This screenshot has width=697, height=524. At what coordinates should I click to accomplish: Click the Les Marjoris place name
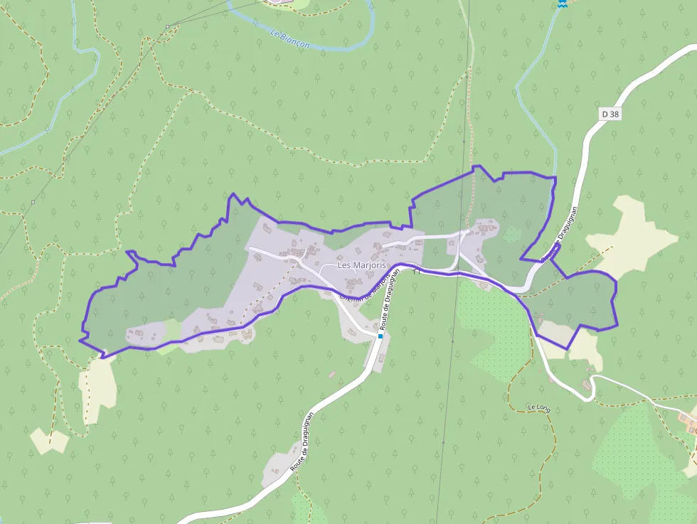pyautogui.click(x=361, y=265)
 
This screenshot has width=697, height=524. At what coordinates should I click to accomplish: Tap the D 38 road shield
pyautogui.click(x=610, y=114)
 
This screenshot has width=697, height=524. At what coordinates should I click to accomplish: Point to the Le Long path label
pyautogui.click(x=539, y=408)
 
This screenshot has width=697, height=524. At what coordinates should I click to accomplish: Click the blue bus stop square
pyautogui.click(x=381, y=336)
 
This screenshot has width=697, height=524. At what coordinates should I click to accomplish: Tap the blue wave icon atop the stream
pyautogui.click(x=562, y=4)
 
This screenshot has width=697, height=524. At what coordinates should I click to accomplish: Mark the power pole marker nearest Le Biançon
pyautogui.click(x=168, y=27)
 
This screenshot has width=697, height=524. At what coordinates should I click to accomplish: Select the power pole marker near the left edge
pyautogui.click(x=33, y=203)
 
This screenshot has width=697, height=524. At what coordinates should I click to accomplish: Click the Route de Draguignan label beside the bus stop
pyautogui.click(x=390, y=302)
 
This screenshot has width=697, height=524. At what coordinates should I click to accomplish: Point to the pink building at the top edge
pyautogui.click(x=282, y=2)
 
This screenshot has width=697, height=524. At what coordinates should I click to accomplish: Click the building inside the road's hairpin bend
pyautogui.click(x=587, y=384)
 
